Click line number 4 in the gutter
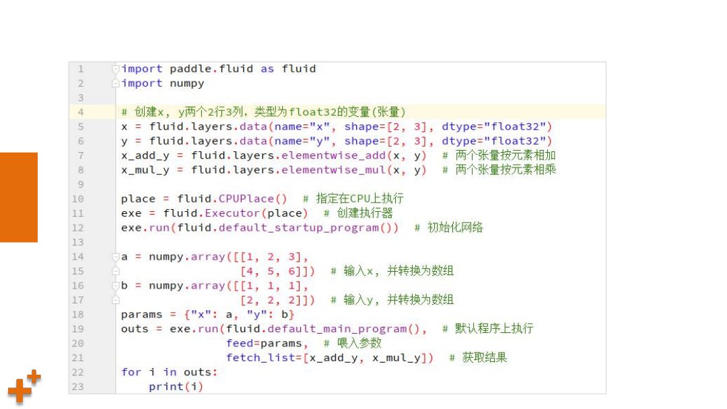[81, 112]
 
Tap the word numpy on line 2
[187, 83]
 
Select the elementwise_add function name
[333, 155]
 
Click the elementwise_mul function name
[333, 170]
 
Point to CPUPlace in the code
[246, 198]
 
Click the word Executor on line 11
[232, 213]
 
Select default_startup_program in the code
[299, 228]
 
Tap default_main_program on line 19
[337, 329]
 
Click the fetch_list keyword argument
[261, 358]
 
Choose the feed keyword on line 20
[239, 343]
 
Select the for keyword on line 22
[131, 372]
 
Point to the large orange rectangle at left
[19, 197]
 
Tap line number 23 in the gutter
[77, 387]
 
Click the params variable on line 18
[141, 315]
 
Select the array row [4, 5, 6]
[271, 271]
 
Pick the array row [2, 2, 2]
[271, 300]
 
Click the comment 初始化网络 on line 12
[455, 227]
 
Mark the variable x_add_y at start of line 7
[145, 155]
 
